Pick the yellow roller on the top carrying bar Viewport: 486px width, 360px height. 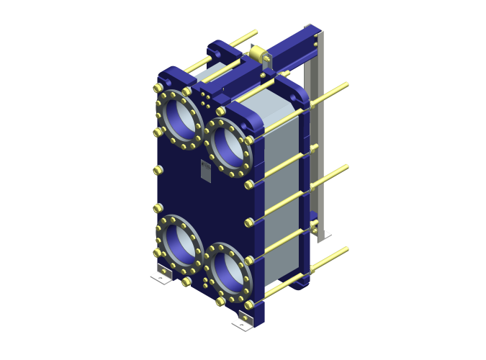tap(259, 54)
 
